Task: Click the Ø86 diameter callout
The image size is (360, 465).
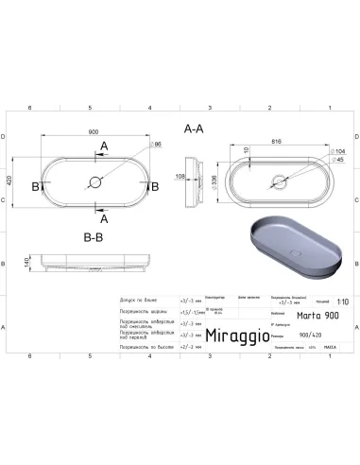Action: coord(157,145)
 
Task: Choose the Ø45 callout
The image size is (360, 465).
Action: coord(337,160)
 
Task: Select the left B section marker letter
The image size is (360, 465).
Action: coord(35,186)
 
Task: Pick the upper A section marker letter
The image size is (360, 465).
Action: coord(103,145)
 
